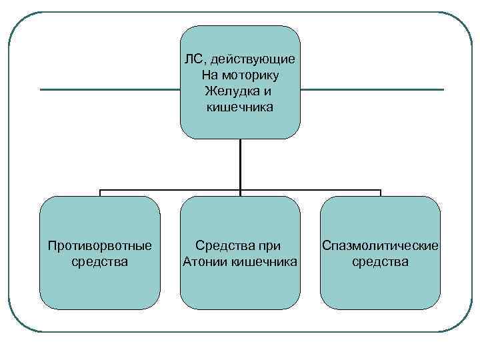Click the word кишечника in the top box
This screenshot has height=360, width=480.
click(x=240, y=106)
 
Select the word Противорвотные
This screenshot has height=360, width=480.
click(x=100, y=246)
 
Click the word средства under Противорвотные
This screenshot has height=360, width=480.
click(x=100, y=261)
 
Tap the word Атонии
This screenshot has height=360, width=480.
click(x=205, y=261)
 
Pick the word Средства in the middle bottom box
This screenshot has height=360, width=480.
click(x=222, y=246)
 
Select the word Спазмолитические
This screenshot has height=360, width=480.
click(x=380, y=246)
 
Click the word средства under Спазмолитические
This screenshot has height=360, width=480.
click(x=380, y=261)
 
